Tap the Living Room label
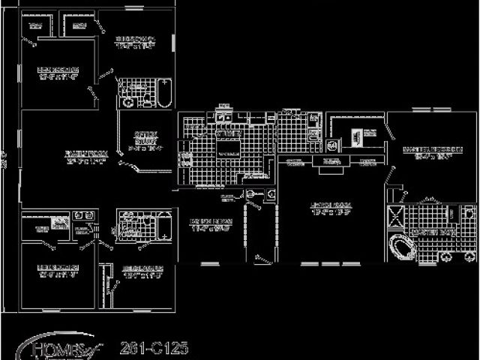(x=331, y=208)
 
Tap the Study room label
(x=145, y=139)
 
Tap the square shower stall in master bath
(x=395, y=217)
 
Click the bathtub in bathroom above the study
(x=164, y=91)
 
